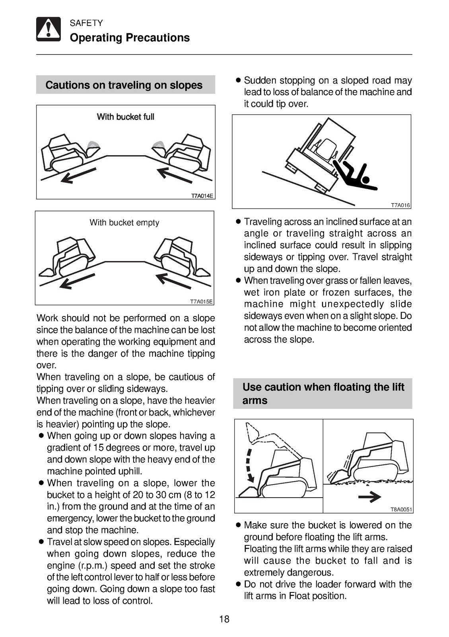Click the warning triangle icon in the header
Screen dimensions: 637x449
[x=49, y=29]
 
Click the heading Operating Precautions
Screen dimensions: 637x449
[x=130, y=38]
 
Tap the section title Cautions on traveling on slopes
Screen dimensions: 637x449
[x=124, y=85]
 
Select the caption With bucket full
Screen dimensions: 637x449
[x=125, y=117]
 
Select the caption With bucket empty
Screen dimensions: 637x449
[x=124, y=223]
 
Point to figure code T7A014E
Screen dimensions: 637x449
[x=202, y=196]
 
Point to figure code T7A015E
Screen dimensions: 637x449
[x=202, y=301]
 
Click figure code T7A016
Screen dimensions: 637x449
[x=400, y=205]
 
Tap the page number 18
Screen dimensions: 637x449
[x=224, y=619]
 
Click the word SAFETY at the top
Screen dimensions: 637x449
[x=86, y=23]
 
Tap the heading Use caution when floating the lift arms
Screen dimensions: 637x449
[x=323, y=393]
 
